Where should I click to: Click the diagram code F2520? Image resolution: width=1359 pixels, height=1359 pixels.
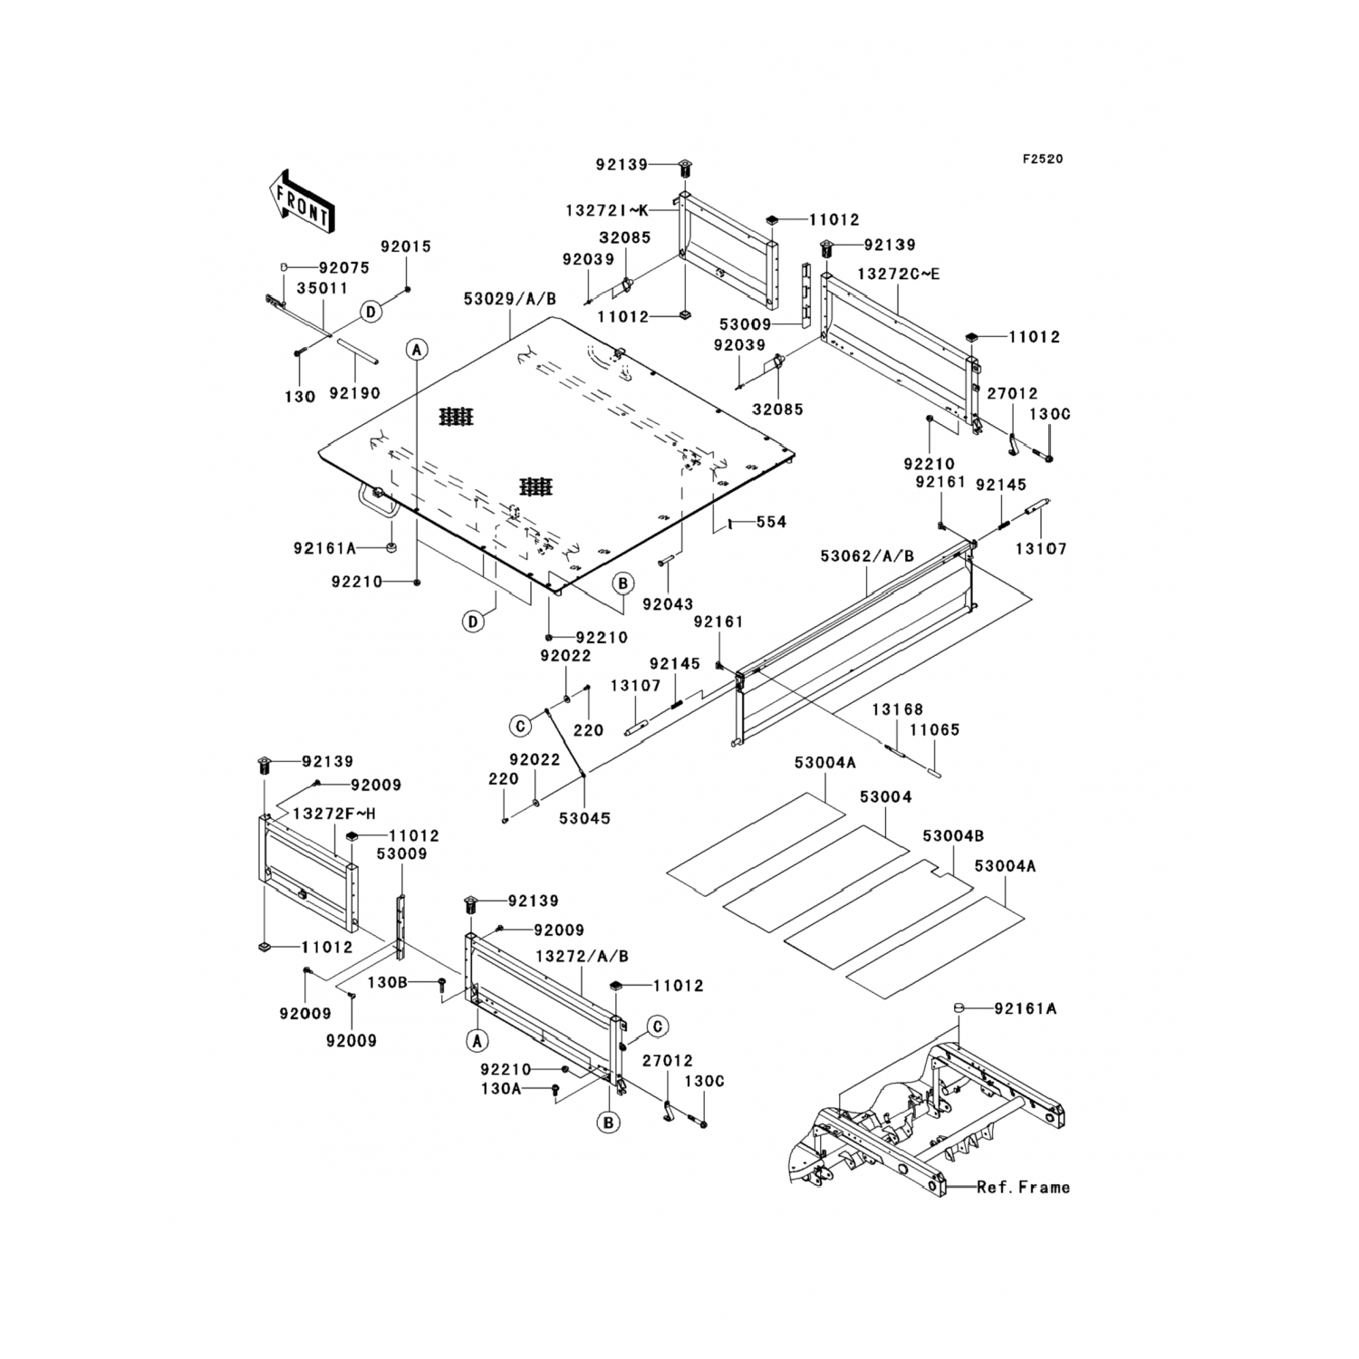(x=1043, y=159)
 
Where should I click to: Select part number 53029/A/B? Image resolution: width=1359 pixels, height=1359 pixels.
(x=510, y=298)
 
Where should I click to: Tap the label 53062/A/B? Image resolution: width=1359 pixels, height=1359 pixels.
(x=867, y=556)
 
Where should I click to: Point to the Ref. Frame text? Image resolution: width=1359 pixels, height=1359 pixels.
(x=1023, y=1187)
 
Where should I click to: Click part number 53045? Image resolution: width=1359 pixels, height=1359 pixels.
(x=584, y=818)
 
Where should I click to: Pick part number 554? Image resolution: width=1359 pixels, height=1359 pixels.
(x=771, y=522)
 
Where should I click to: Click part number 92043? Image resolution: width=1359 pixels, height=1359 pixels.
(x=668, y=604)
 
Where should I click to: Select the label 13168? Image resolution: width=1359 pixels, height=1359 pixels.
(x=897, y=710)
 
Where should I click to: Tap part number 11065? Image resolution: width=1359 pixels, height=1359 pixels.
(x=934, y=729)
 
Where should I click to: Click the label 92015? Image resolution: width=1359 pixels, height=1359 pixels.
(x=406, y=246)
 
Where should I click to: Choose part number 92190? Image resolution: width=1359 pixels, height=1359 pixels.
(x=354, y=393)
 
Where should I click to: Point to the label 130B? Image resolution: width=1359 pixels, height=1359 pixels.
(x=388, y=981)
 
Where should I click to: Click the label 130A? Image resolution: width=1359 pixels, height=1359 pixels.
(x=501, y=1091)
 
